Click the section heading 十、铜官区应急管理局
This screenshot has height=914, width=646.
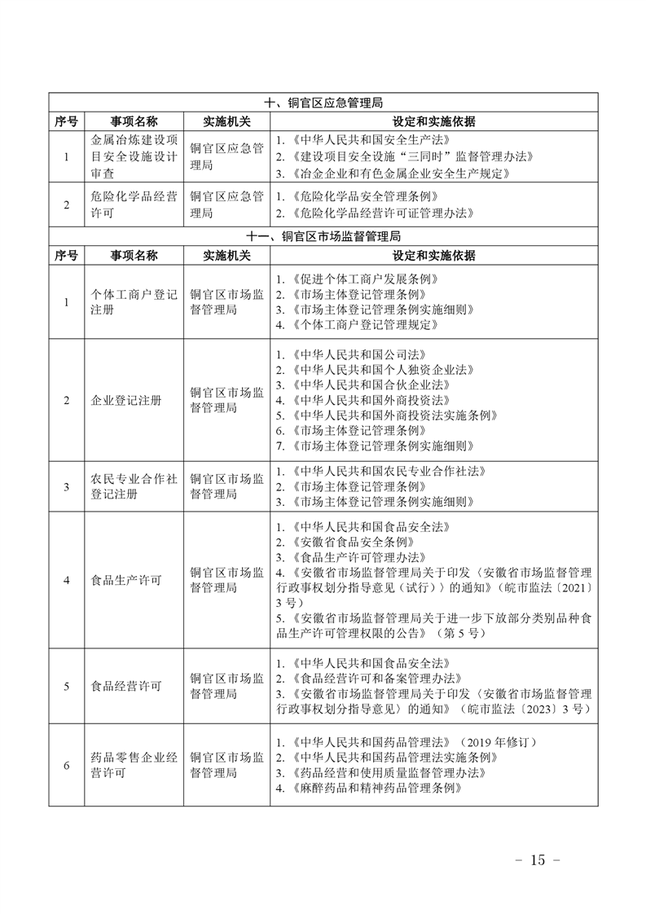(323, 103)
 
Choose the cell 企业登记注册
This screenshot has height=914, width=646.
(126, 400)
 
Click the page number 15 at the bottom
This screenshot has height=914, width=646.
(535, 860)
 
